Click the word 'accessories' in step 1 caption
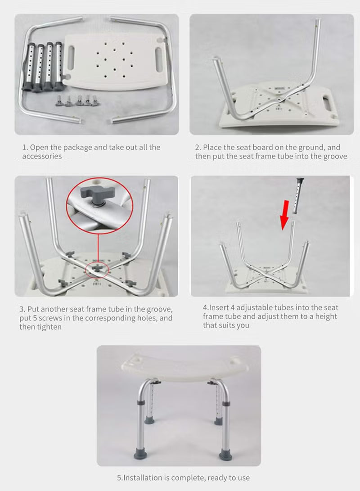(42, 156)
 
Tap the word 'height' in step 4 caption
(325, 316)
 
